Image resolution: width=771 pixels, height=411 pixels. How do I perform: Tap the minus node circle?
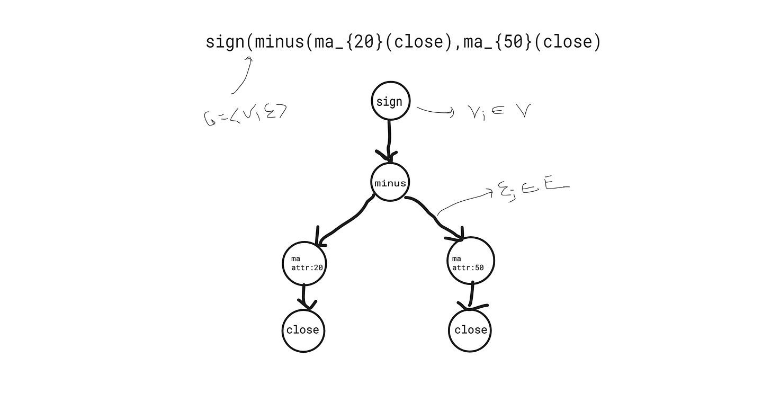390,183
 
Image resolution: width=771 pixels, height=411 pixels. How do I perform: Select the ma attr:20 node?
303,263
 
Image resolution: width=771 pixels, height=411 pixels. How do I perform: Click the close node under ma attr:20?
303,330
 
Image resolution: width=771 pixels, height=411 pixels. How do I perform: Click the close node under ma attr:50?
470,330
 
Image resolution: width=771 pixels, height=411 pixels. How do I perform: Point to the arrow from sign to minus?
390,140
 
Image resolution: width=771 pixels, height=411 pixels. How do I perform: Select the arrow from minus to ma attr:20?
344,222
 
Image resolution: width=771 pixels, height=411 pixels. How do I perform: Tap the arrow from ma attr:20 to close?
304,297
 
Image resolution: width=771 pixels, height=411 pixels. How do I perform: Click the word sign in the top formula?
225,42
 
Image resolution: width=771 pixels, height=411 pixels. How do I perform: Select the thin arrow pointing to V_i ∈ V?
435,111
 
